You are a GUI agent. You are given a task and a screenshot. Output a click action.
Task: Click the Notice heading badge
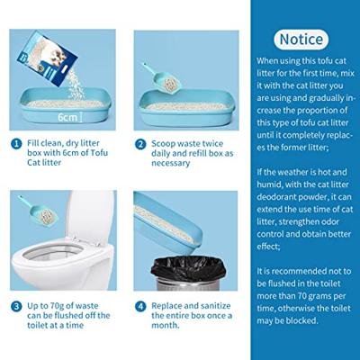tap(301, 40)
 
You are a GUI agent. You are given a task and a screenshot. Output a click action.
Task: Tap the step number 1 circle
tap(16, 144)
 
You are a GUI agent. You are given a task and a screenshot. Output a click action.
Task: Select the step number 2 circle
tap(140, 144)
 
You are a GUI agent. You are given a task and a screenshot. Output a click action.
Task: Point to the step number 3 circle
tap(16, 307)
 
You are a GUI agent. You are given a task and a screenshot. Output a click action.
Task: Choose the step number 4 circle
tap(140, 307)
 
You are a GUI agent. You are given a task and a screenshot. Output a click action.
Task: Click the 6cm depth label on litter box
tap(67, 117)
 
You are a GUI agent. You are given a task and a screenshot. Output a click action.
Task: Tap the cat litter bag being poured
tap(47, 58)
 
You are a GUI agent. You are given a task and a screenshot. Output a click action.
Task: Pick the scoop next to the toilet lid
tap(38, 209)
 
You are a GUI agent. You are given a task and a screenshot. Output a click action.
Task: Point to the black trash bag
tap(188, 268)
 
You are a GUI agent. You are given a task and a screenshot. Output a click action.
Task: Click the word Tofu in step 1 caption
tap(99, 153)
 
